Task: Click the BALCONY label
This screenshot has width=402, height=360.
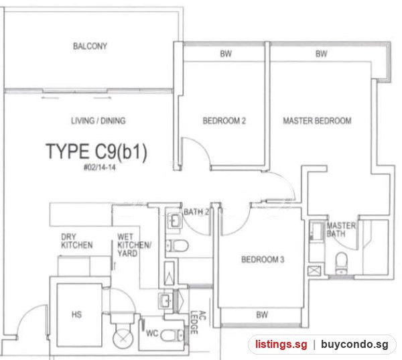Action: pos(90,46)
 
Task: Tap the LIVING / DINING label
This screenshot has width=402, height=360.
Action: pos(98,121)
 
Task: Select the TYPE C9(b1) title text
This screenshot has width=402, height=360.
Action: pos(96,152)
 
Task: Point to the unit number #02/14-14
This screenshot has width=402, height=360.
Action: pos(100,168)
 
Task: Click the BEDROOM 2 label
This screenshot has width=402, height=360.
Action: pos(224,121)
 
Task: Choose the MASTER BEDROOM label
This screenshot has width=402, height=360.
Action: pos(317,121)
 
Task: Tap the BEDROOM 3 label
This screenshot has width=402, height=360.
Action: pos(263,259)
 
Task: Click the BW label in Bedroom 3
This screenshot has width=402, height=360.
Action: pos(262,315)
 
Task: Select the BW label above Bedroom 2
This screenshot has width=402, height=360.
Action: pos(226,54)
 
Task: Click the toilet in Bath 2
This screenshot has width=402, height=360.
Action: pos(178,245)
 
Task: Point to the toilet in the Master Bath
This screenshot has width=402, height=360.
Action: pos(341,263)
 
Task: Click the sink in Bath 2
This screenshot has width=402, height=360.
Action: pos(174,221)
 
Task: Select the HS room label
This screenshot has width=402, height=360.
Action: pos(76,314)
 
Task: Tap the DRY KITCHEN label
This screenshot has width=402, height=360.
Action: pos(77,241)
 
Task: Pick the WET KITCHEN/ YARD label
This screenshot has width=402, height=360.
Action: pos(134,245)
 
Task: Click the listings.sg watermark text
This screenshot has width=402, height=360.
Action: pos(281,345)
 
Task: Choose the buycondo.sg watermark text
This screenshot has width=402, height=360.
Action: pos(354,345)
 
